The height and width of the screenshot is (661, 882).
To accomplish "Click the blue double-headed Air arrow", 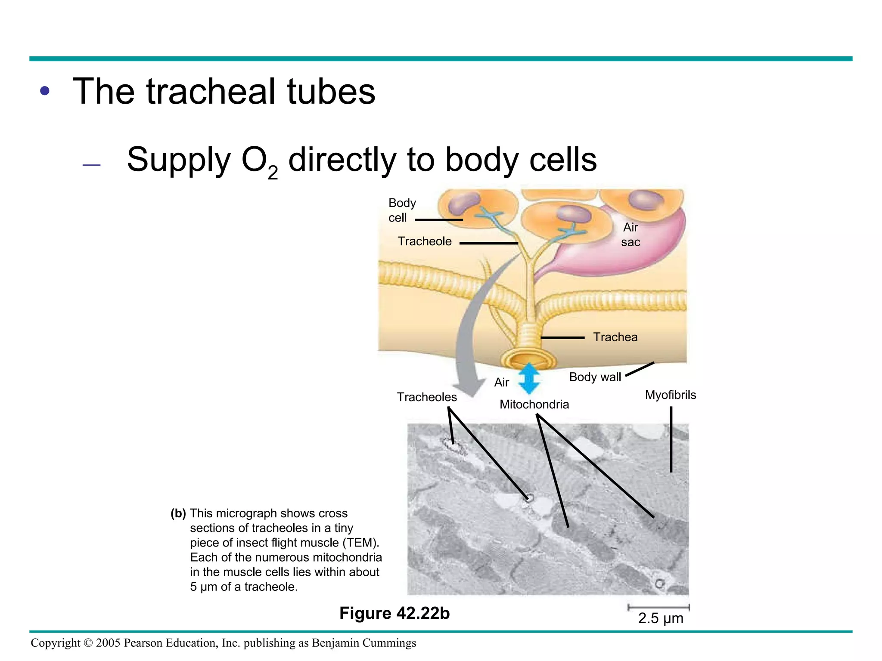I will [529, 379].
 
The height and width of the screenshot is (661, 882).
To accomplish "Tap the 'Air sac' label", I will [630, 235].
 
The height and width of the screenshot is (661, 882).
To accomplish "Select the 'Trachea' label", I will [615, 337].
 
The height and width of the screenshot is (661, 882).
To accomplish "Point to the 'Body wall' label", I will [595, 377].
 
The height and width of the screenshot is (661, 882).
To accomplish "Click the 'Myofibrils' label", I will [670, 395].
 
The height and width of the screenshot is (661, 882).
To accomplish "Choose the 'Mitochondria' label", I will [534, 405].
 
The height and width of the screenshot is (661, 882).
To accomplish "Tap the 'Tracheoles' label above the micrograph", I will [426, 397].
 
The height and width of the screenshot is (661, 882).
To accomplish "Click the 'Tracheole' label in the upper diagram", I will [424, 241].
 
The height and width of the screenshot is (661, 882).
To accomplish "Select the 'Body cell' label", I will [401, 210].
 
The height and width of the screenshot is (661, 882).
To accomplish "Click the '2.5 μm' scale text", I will [660, 618].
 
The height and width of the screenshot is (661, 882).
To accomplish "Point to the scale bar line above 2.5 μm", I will [658, 608].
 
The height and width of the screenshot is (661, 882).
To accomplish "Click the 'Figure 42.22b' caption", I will [394, 613].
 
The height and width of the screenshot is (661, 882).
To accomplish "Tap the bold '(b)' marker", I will [178, 513].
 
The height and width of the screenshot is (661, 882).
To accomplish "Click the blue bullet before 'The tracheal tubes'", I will [45, 91].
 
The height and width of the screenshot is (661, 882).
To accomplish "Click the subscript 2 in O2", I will [273, 173].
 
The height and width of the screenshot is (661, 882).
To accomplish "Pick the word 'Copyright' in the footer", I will [55, 643].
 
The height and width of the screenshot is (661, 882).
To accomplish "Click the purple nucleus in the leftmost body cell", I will [463, 202].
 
